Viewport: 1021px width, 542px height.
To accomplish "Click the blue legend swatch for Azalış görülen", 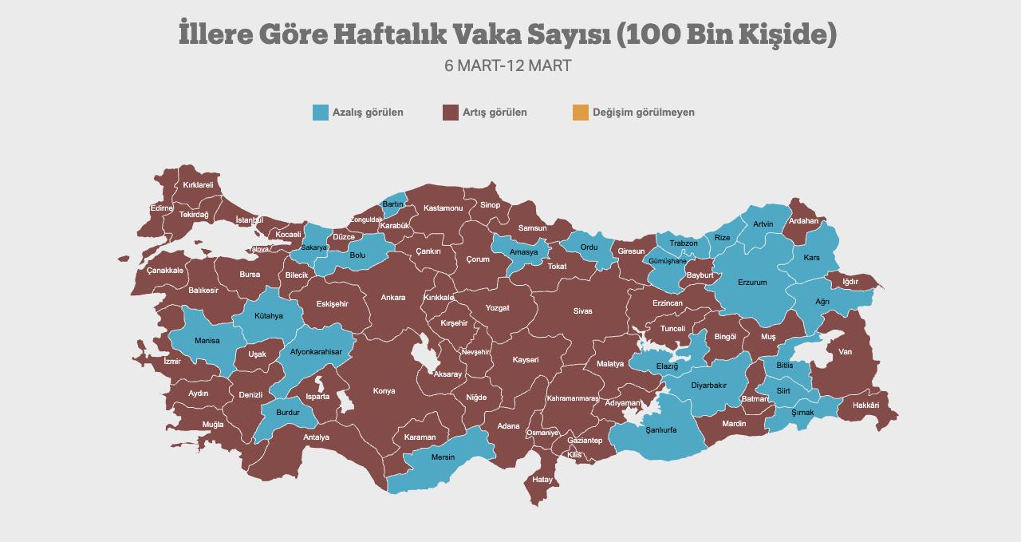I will [321, 113].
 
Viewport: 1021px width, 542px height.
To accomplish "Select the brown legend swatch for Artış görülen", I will [451, 113].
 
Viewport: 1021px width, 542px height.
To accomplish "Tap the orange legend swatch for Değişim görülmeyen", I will [580, 113].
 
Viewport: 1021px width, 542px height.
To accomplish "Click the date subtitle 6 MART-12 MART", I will [508, 66].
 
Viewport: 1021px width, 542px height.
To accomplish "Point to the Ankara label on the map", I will [392, 298].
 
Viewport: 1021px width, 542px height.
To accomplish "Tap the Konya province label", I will [384, 391].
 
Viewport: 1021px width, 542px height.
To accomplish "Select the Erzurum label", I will [752, 283].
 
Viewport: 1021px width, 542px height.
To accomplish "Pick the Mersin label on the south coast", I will [443, 457].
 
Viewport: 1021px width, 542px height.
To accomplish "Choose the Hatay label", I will [542, 480].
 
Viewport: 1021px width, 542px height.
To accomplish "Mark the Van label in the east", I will [845, 352].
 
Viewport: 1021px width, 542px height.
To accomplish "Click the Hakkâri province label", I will [865, 406].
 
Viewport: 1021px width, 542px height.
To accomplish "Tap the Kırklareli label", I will [199, 185].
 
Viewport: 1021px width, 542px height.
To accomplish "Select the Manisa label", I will [207, 341].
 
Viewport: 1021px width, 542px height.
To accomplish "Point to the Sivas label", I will [582, 311].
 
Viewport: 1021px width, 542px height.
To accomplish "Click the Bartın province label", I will [393, 204].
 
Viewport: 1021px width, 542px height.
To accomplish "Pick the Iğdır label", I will [850, 282].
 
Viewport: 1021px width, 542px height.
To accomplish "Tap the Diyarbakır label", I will [708, 386].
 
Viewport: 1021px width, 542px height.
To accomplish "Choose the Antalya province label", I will [316, 437].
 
